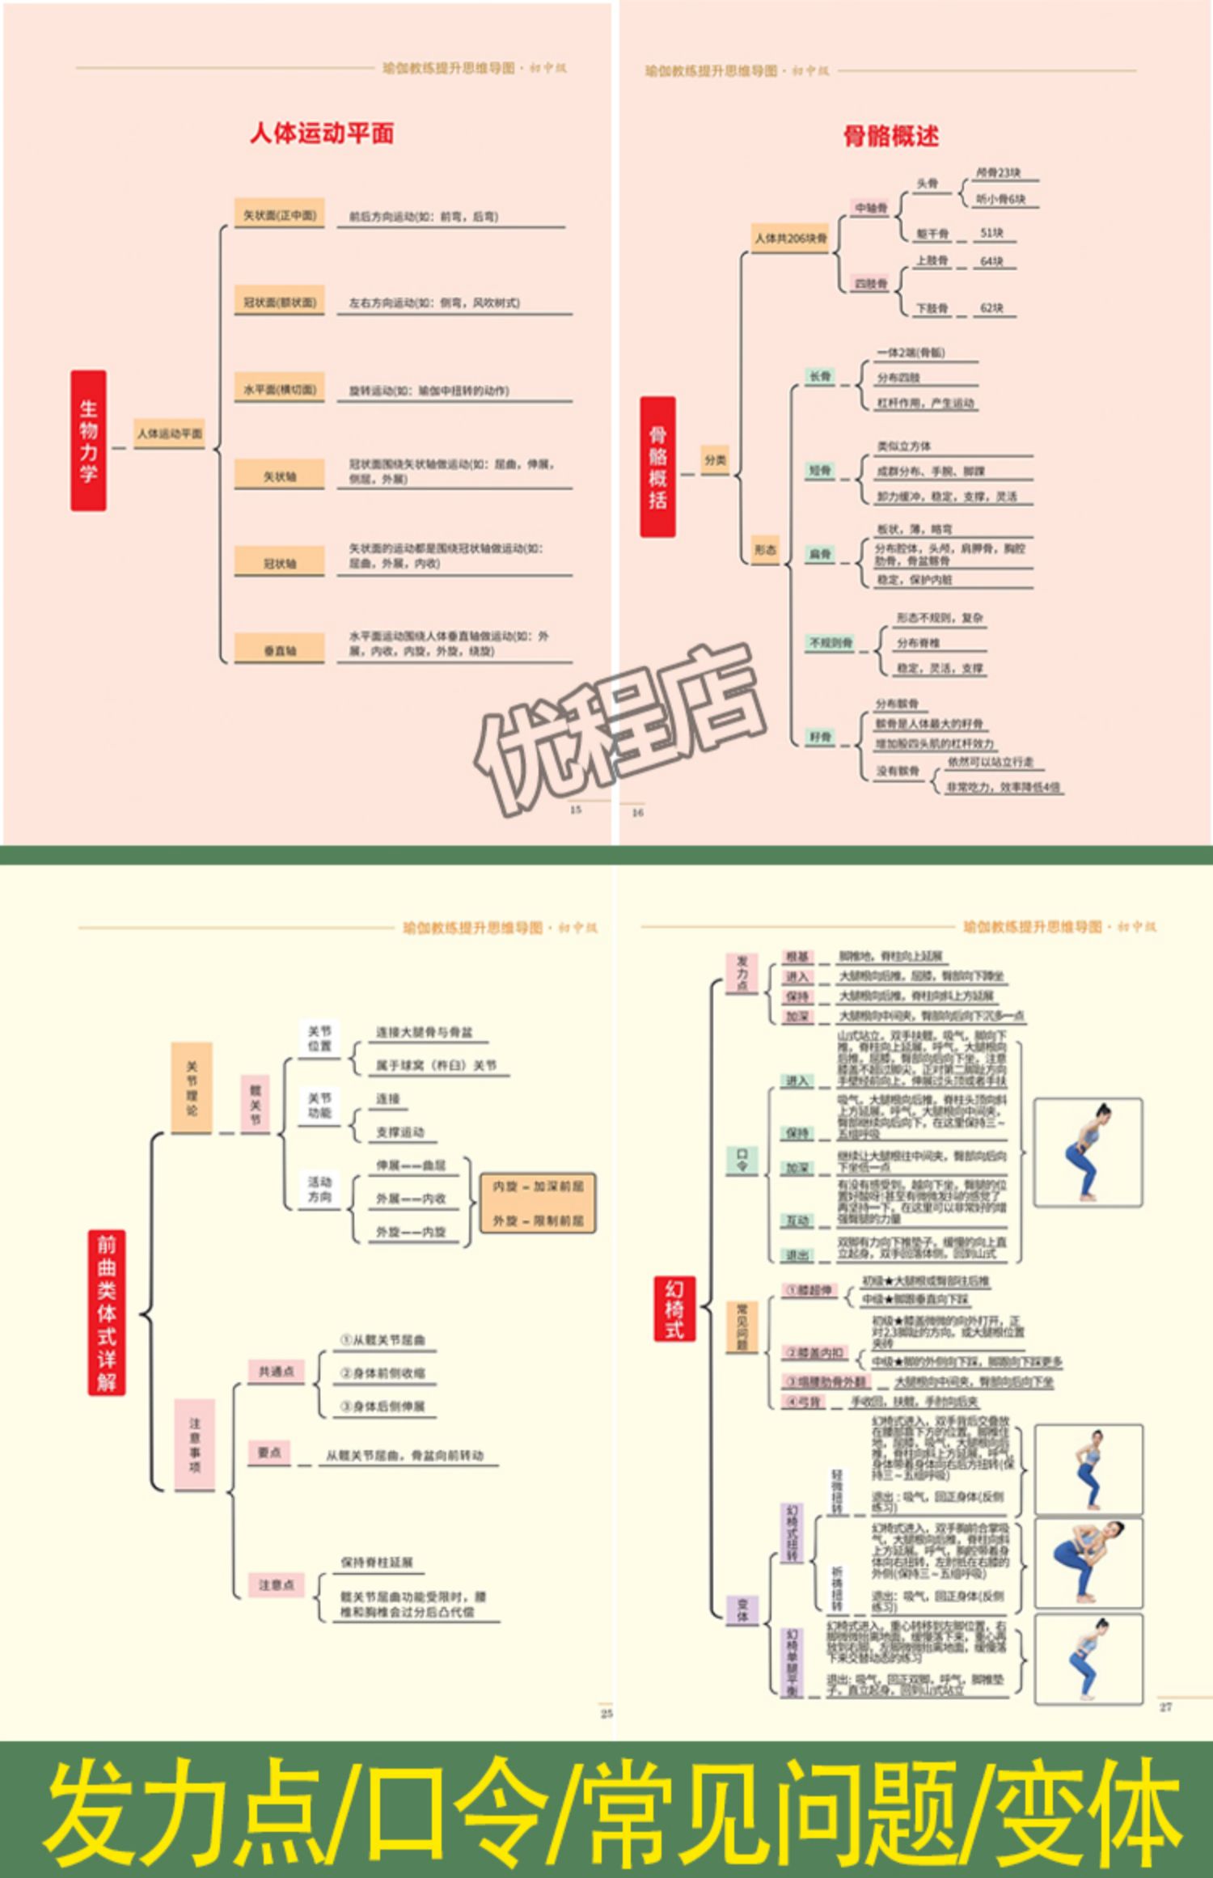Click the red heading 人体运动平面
pos(322,133)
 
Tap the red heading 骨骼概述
pos(891,136)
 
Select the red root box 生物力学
pos(88,441)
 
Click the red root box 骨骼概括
pos(657,467)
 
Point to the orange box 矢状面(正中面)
pos(280,215)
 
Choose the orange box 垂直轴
pos(280,649)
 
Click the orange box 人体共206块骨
pos(791,238)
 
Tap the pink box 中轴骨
pos(871,208)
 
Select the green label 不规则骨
pos(831,642)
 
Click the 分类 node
pos(715,459)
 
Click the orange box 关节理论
pos(192,1088)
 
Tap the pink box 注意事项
pos(194,1444)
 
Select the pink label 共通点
pos(276,1371)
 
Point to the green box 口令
pos(742,1161)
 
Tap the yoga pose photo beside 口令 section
pos(1088,1153)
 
